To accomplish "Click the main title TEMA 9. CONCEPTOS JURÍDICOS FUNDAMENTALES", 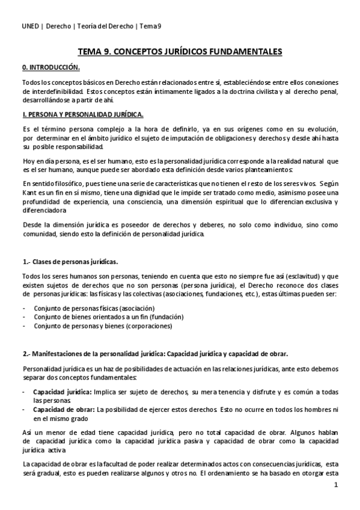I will point(180,52).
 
